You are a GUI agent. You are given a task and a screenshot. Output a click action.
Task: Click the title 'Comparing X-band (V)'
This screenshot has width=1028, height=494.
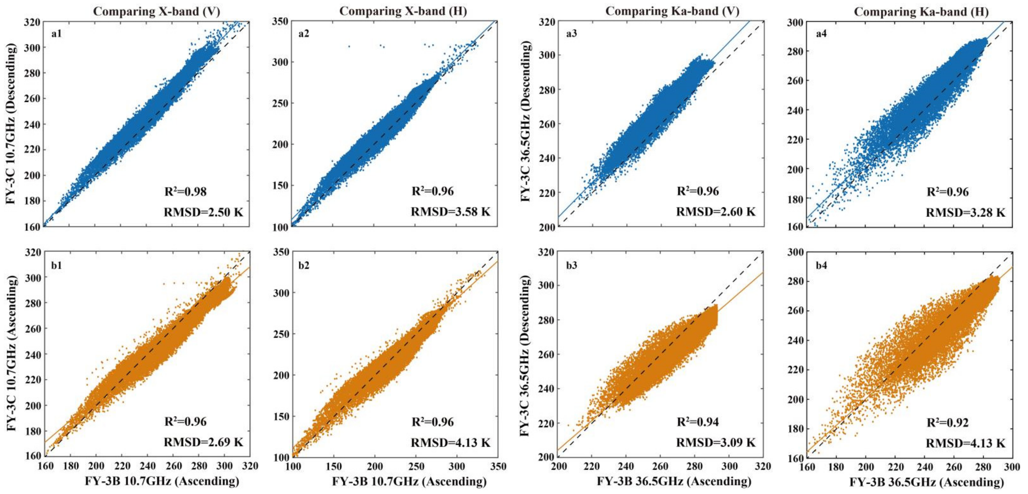156,11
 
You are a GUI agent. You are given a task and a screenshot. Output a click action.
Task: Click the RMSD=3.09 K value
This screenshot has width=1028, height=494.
715,442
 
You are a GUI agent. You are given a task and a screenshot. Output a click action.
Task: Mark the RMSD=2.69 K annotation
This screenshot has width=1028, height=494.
203,442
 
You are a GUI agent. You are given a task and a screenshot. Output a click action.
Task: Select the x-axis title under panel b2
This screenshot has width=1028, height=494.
409,482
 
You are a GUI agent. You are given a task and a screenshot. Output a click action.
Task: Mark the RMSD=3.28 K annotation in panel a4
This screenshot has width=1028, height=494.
965,213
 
